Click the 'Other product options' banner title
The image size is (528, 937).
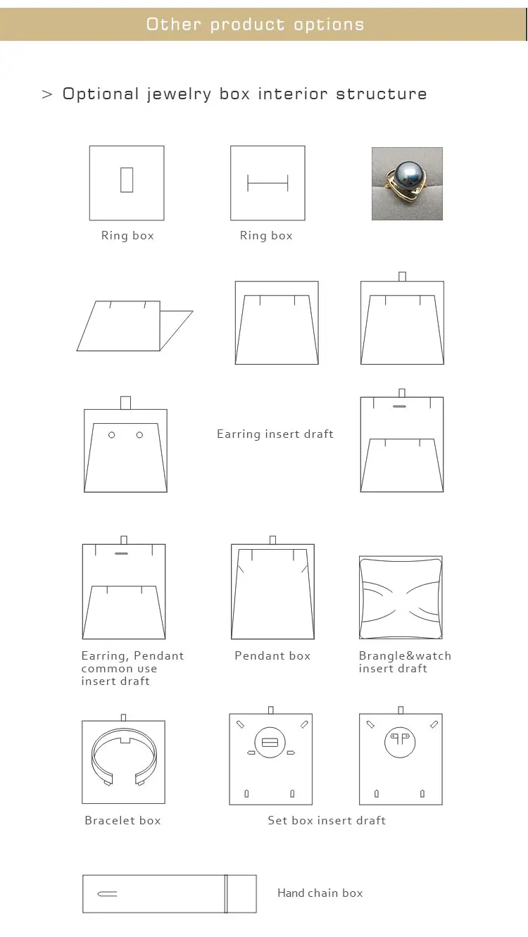[255, 25]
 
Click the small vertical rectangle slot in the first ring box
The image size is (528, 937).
[127, 180]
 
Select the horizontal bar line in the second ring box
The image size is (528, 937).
[268, 184]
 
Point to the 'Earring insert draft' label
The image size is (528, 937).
[275, 434]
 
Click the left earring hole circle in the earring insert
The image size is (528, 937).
[111, 435]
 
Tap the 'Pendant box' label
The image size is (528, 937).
[272, 656]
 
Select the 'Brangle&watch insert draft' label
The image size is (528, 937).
[404, 662]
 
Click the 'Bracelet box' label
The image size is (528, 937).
[122, 821]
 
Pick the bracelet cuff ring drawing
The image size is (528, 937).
[123, 757]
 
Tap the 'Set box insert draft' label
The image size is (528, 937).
[327, 821]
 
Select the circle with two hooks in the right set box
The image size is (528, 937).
[400, 741]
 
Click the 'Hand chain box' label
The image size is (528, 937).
[320, 893]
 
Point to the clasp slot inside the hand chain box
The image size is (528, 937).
[108, 894]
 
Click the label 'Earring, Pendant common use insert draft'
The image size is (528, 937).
[132, 668]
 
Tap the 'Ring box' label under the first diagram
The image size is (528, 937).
[127, 236]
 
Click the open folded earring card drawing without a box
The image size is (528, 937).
[134, 326]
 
